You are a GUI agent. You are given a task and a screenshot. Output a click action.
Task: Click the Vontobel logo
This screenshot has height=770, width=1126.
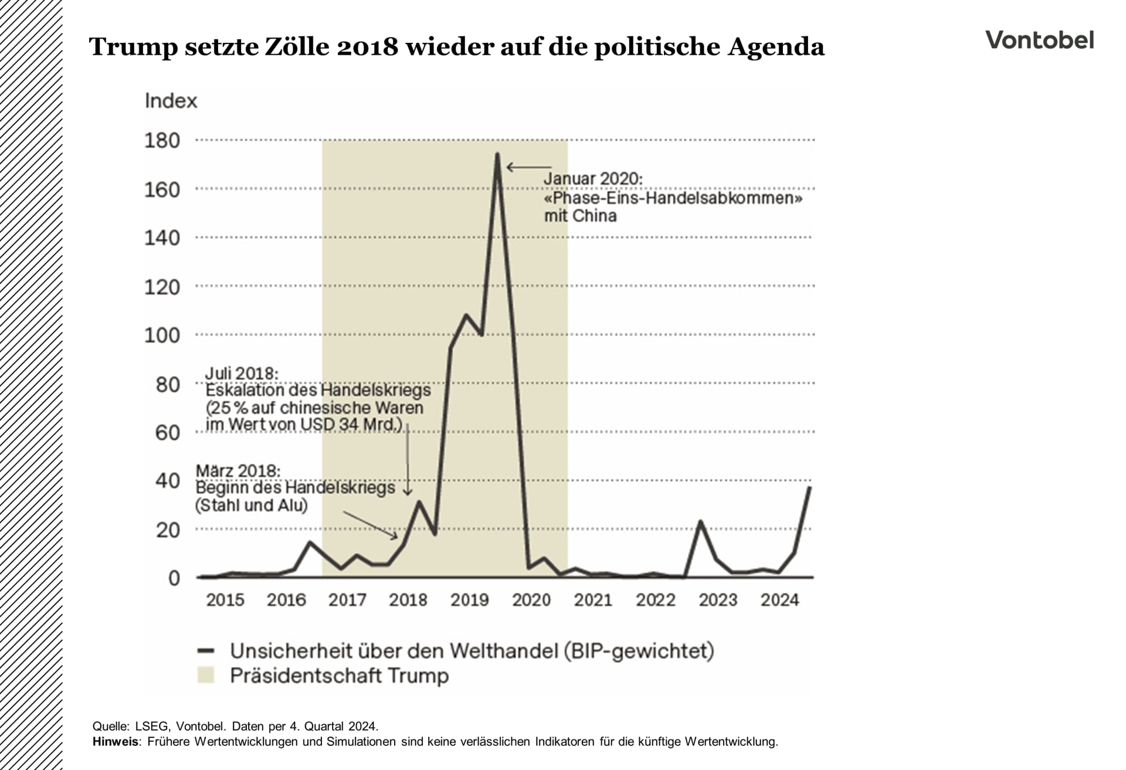point(1039,40)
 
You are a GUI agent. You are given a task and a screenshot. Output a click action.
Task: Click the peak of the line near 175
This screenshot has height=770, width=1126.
point(497,155)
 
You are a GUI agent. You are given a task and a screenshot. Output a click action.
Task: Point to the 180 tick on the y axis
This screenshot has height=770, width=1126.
point(162,141)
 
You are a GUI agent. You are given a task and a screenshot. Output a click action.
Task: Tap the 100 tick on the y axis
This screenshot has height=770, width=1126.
point(162,335)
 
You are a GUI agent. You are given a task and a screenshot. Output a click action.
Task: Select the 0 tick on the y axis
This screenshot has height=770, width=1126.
point(174,578)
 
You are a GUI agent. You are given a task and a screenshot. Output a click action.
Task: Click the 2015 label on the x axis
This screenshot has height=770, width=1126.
point(225,600)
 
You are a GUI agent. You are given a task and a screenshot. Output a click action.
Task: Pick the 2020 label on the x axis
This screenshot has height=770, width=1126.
point(531,600)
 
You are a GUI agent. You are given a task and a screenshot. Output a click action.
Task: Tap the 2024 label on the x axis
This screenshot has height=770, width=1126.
point(779,600)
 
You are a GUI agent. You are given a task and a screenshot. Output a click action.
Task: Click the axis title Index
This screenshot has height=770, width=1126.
point(171,101)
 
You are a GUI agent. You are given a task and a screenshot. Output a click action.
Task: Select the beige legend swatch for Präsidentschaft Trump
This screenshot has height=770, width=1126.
point(206,675)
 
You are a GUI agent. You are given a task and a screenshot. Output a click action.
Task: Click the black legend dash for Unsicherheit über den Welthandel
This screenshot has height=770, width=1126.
point(206,650)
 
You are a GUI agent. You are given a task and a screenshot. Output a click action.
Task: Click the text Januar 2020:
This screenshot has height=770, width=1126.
point(593,178)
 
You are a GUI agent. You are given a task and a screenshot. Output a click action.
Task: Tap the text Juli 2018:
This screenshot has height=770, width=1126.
point(242,373)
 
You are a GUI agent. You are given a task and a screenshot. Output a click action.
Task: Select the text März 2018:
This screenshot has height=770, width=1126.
point(238,470)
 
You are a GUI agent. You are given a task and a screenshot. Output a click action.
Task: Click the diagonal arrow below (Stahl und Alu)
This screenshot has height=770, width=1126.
point(370,525)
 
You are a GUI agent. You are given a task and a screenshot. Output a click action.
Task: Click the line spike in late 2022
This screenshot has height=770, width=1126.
point(700,521)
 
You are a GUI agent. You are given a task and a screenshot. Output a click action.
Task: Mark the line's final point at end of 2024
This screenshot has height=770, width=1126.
point(809,488)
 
